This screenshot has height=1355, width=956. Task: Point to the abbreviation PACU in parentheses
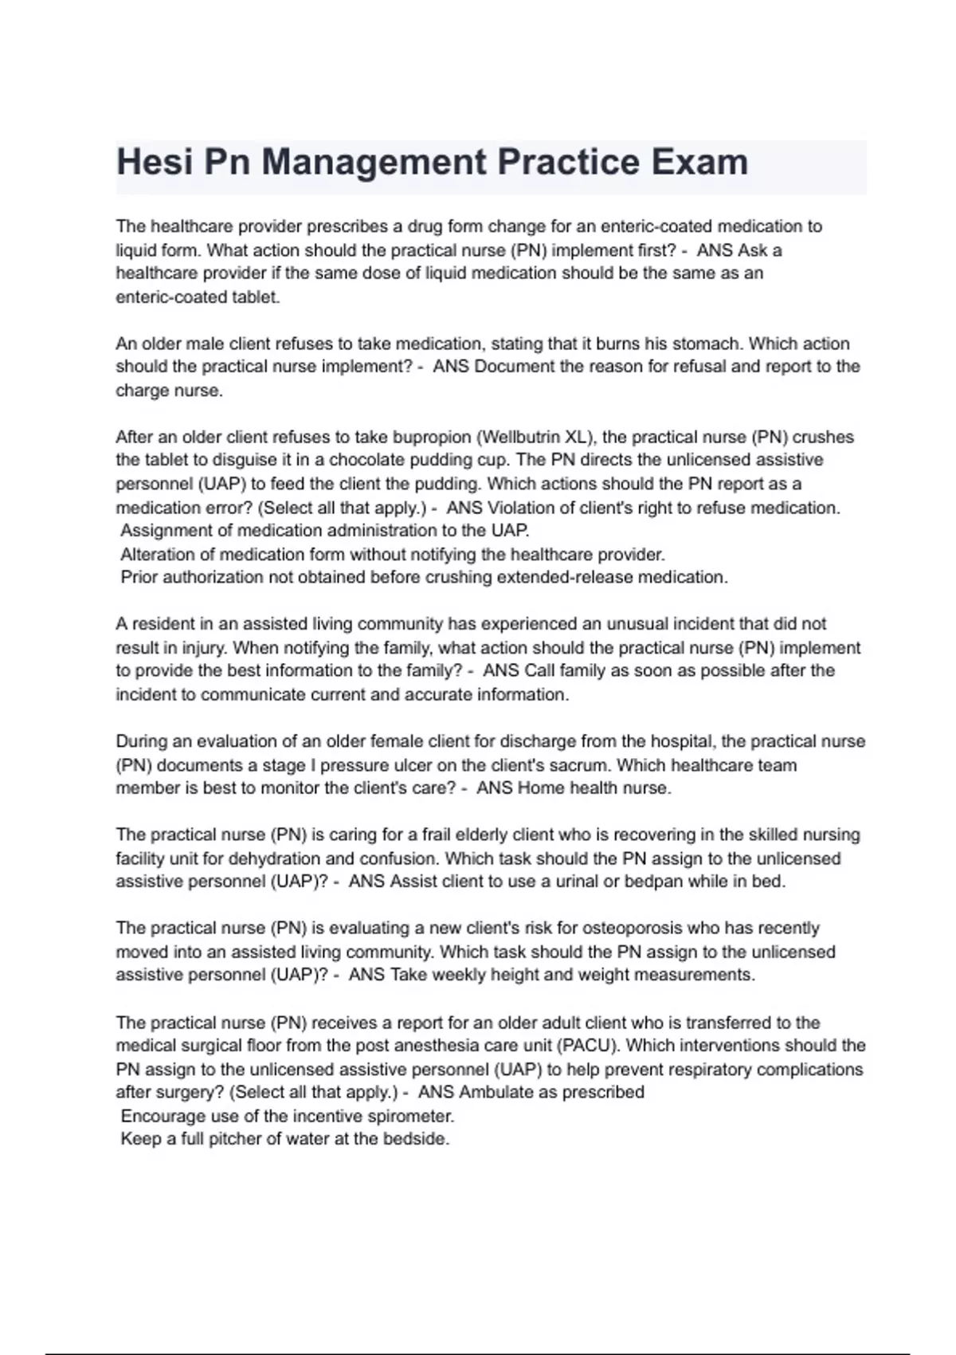pyautogui.click(x=586, y=1046)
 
